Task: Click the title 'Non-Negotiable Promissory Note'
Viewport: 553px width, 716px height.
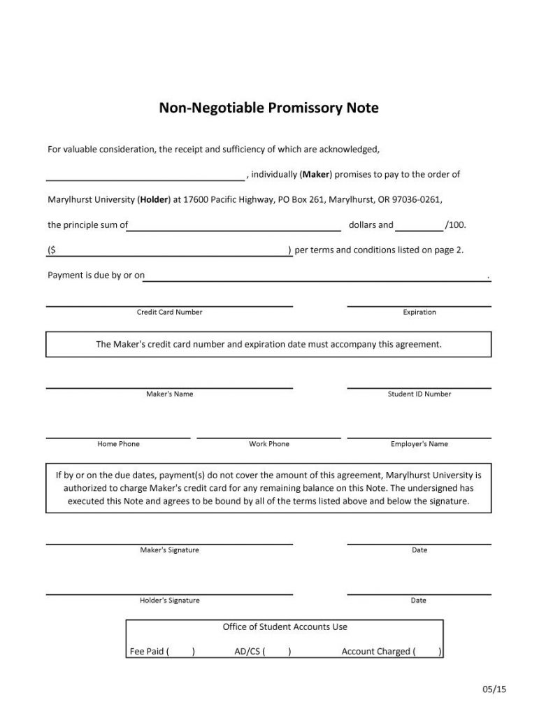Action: [268, 108]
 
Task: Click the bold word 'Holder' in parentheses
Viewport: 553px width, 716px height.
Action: [154, 199]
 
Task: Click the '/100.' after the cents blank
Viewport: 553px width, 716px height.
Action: [455, 225]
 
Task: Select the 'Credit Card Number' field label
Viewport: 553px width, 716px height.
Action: [169, 312]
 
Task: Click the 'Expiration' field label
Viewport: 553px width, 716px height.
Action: [419, 312]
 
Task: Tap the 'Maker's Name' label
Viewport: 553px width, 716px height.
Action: [169, 394]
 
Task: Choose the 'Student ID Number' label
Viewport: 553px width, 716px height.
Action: [419, 394]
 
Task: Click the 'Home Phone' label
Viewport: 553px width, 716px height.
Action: [118, 444]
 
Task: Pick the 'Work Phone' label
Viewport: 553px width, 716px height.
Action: [269, 444]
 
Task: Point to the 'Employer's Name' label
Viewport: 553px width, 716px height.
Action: [419, 444]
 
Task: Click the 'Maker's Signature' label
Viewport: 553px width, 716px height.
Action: [169, 550]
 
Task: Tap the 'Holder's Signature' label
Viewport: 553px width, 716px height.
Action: [169, 600]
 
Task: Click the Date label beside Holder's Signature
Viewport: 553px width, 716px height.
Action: [419, 600]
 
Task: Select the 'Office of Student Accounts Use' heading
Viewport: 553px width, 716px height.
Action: [285, 626]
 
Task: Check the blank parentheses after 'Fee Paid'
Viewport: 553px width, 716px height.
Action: [181, 652]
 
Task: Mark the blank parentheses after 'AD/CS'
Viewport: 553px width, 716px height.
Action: [277, 652]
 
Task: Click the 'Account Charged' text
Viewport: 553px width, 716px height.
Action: [375, 652]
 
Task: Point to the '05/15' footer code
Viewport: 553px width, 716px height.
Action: [494, 689]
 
